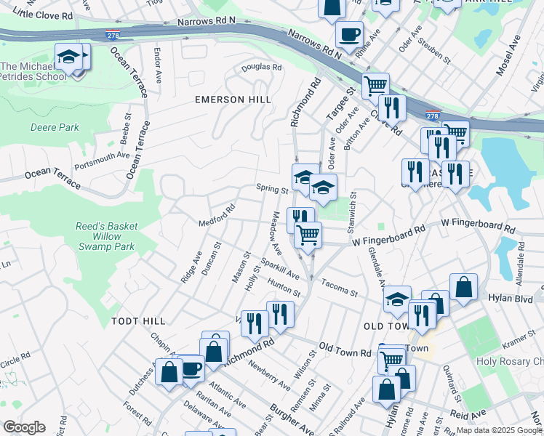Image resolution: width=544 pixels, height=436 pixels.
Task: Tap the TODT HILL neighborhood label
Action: (x=138, y=320)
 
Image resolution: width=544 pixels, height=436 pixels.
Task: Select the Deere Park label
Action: (x=55, y=127)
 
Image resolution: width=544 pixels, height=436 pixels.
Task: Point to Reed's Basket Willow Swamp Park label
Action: (x=106, y=236)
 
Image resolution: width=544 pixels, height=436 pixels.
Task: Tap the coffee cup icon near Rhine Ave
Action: (x=349, y=33)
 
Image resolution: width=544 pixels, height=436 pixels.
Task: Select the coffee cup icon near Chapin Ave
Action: (x=192, y=368)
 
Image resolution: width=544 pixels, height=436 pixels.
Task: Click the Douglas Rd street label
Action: (x=261, y=67)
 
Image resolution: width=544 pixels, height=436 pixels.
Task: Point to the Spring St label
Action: (x=273, y=189)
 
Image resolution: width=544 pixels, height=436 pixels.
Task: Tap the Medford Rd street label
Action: (x=217, y=215)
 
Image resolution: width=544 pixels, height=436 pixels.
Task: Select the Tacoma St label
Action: (x=340, y=288)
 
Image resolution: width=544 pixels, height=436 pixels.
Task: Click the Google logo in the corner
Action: (x=23, y=427)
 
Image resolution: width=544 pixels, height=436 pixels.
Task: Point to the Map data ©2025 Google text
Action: (x=498, y=430)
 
